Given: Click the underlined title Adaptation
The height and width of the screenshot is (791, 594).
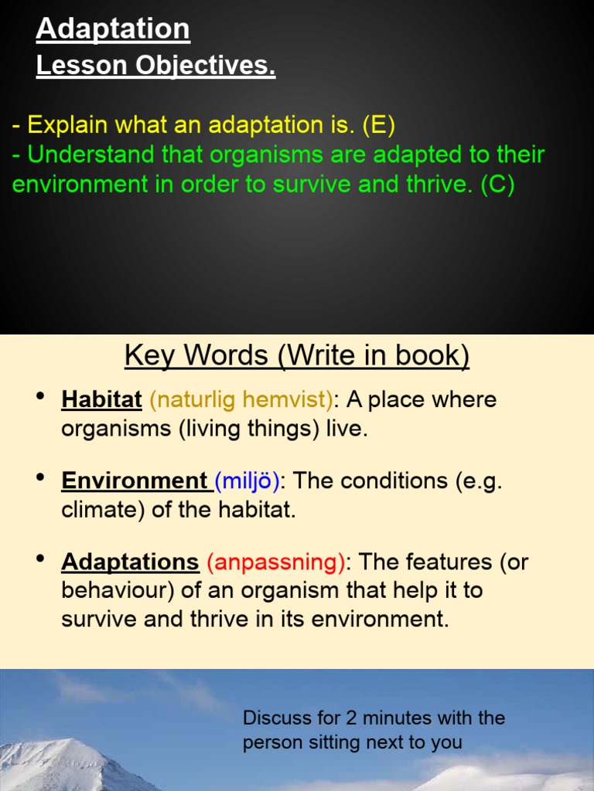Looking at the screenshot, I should pos(113,29).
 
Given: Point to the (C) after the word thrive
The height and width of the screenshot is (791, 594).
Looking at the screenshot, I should pos(497,185).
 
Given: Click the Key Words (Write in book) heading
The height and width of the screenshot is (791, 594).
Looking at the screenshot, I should pos(297,355).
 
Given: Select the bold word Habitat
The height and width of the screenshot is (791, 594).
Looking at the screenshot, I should pos(101,400).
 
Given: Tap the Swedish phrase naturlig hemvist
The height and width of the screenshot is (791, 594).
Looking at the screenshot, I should pos(241,400).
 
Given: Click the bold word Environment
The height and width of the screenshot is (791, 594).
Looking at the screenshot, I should pos(134,481).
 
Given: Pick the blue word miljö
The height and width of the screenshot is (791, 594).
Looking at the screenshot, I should pos(247,481).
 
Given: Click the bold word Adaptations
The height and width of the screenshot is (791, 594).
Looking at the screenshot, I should pos(130,562).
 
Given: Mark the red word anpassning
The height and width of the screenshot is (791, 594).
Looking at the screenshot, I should pos(275,562).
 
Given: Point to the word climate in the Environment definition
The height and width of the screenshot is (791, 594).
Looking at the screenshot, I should pos(96,511).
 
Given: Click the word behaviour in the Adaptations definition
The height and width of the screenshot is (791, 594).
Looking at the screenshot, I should pos(109,591).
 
